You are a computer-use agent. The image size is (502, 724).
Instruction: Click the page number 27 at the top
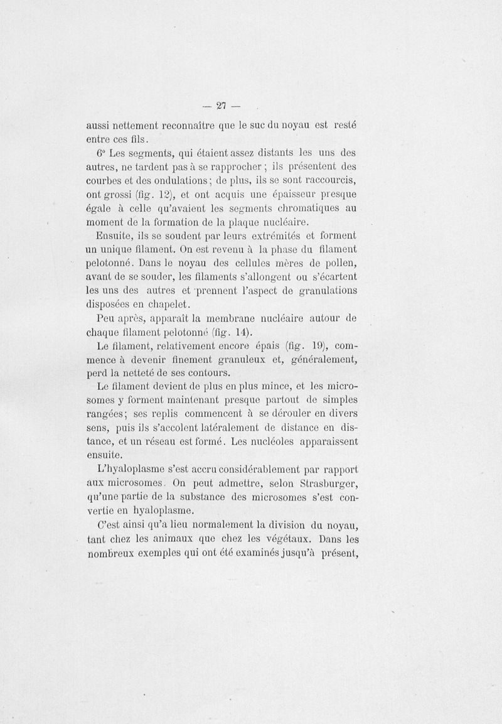point(220,105)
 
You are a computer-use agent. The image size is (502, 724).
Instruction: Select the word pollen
point(339,262)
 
